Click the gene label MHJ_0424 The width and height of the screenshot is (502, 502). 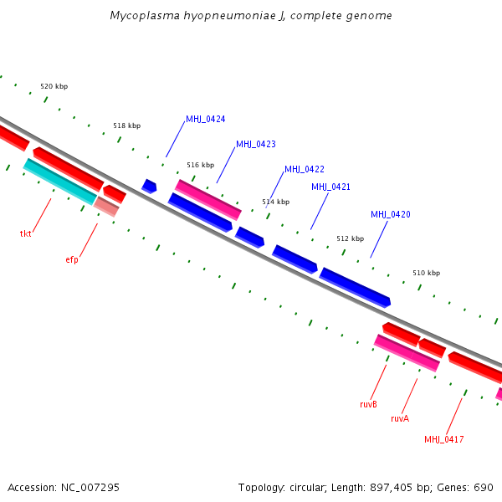click(x=205, y=119)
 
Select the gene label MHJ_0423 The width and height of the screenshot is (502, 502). click(x=255, y=144)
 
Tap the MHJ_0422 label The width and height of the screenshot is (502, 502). click(x=305, y=169)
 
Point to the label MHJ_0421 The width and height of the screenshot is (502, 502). click(x=330, y=187)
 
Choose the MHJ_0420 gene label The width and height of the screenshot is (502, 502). click(x=391, y=214)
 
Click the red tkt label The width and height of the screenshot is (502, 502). click(x=25, y=233)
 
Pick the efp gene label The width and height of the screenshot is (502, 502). click(x=72, y=259)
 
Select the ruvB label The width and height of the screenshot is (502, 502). click(x=368, y=404)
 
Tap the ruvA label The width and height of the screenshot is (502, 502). click(x=400, y=418)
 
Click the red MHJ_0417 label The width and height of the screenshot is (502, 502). click(x=443, y=439)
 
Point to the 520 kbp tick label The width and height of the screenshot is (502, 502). click(x=54, y=86)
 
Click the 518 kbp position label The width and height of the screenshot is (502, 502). click(x=126, y=125)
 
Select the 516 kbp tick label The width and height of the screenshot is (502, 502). click(x=200, y=165)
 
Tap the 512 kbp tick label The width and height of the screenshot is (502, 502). click(x=350, y=238)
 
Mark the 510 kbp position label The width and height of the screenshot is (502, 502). click(x=426, y=273)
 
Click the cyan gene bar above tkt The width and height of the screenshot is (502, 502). click(x=59, y=182)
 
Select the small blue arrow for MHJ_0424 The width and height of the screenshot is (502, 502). click(x=149, y=186)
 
